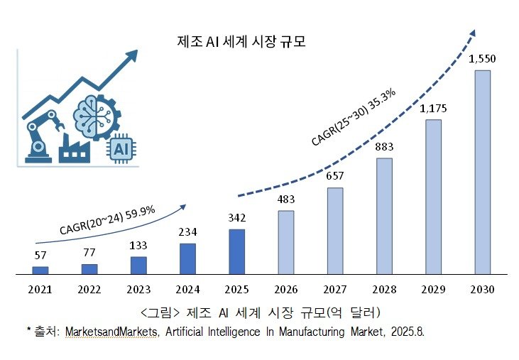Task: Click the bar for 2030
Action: click(481, 172)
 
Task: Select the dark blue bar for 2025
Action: click(236, 251)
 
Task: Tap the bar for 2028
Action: click(383, 216)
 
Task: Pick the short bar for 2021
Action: click(40, 270)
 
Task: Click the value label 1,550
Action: click(481, 60)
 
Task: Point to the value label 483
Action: click(285, 200)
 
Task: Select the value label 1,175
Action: click(432, 109)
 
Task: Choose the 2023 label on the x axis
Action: click(138, 290)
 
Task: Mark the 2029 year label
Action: click(432, 290)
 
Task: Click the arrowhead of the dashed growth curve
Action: click(471, 33)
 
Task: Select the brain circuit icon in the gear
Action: click(94, 111)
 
